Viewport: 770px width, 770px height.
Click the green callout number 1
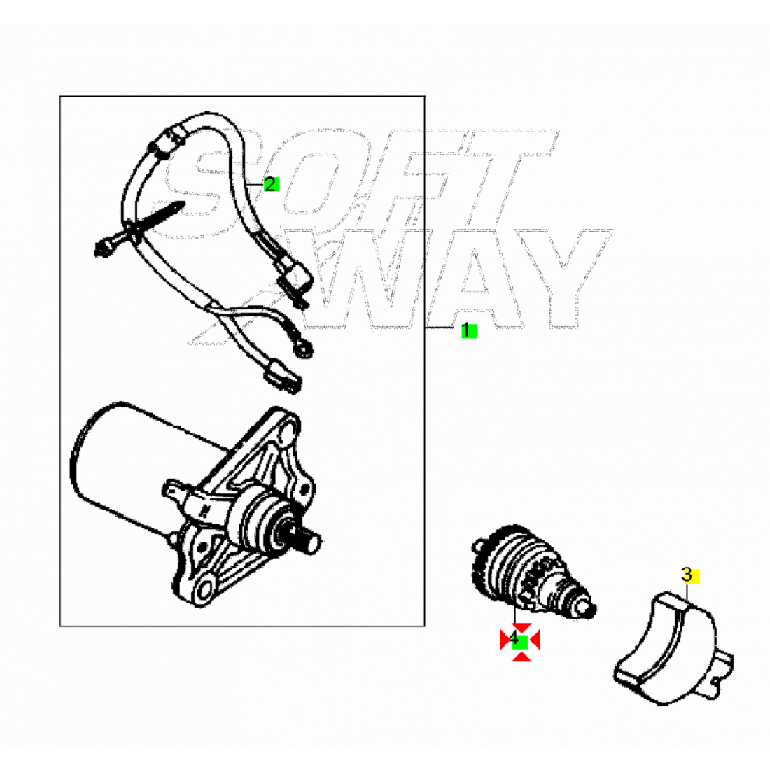(x=468, y=330)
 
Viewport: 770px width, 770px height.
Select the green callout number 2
(x=271, y=184)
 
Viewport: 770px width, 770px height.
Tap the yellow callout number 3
(x=689, y=575)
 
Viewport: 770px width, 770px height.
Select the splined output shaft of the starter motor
(x=309, y=540)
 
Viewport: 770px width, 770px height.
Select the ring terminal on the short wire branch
(x=304, y=349)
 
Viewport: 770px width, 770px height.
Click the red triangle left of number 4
(x=505, y=640)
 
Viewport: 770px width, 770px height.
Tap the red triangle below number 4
(x=521, y=657)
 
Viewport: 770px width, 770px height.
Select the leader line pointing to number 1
(x=443, y=327)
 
